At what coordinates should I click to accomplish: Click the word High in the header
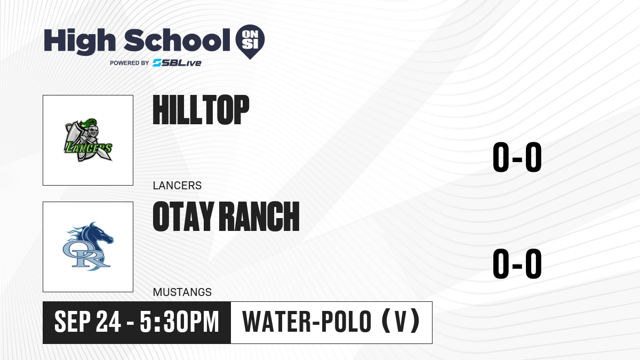79,41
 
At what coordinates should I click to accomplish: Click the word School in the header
177,40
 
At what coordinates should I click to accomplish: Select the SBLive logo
177,63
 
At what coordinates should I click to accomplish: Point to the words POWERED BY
130,63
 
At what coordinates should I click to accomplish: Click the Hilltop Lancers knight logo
88,140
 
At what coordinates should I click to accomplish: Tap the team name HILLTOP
201,110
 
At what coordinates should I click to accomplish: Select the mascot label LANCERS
177,186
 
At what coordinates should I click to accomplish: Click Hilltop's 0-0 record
517,157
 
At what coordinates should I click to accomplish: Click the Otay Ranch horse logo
88,246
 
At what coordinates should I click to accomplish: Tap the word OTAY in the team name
183,217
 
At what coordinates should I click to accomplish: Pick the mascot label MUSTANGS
182,292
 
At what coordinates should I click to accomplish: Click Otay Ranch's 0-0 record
517,263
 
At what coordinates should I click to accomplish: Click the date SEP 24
87,322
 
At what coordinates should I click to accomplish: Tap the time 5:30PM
179,322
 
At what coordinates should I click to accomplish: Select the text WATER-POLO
307,322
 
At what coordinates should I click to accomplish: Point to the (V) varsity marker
401,322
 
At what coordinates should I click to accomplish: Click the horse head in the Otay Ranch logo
99,235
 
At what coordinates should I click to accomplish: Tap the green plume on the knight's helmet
89,123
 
